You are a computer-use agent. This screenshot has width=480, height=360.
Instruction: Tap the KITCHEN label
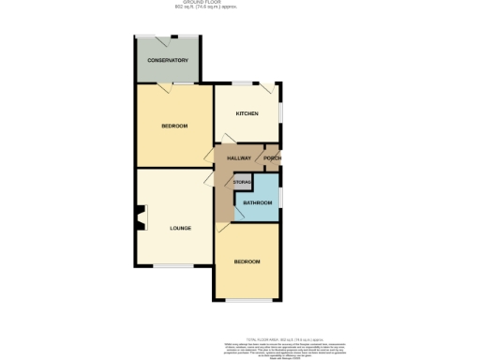pos(247,113)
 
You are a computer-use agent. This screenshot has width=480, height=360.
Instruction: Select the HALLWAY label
pos(239,158)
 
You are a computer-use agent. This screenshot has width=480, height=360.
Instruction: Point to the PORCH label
pos(272,158)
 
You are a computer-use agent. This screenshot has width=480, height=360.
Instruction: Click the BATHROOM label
pos(257,202)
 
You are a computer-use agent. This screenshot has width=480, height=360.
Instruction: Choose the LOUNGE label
pos(181,228)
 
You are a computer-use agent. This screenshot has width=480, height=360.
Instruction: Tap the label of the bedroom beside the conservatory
pos(174,127)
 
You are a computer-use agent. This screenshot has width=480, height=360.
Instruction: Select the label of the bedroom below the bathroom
pos(247,262)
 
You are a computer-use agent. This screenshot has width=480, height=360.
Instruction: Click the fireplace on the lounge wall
pos(141,217)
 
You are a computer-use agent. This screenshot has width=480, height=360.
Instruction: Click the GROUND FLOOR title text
pos(239,4)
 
